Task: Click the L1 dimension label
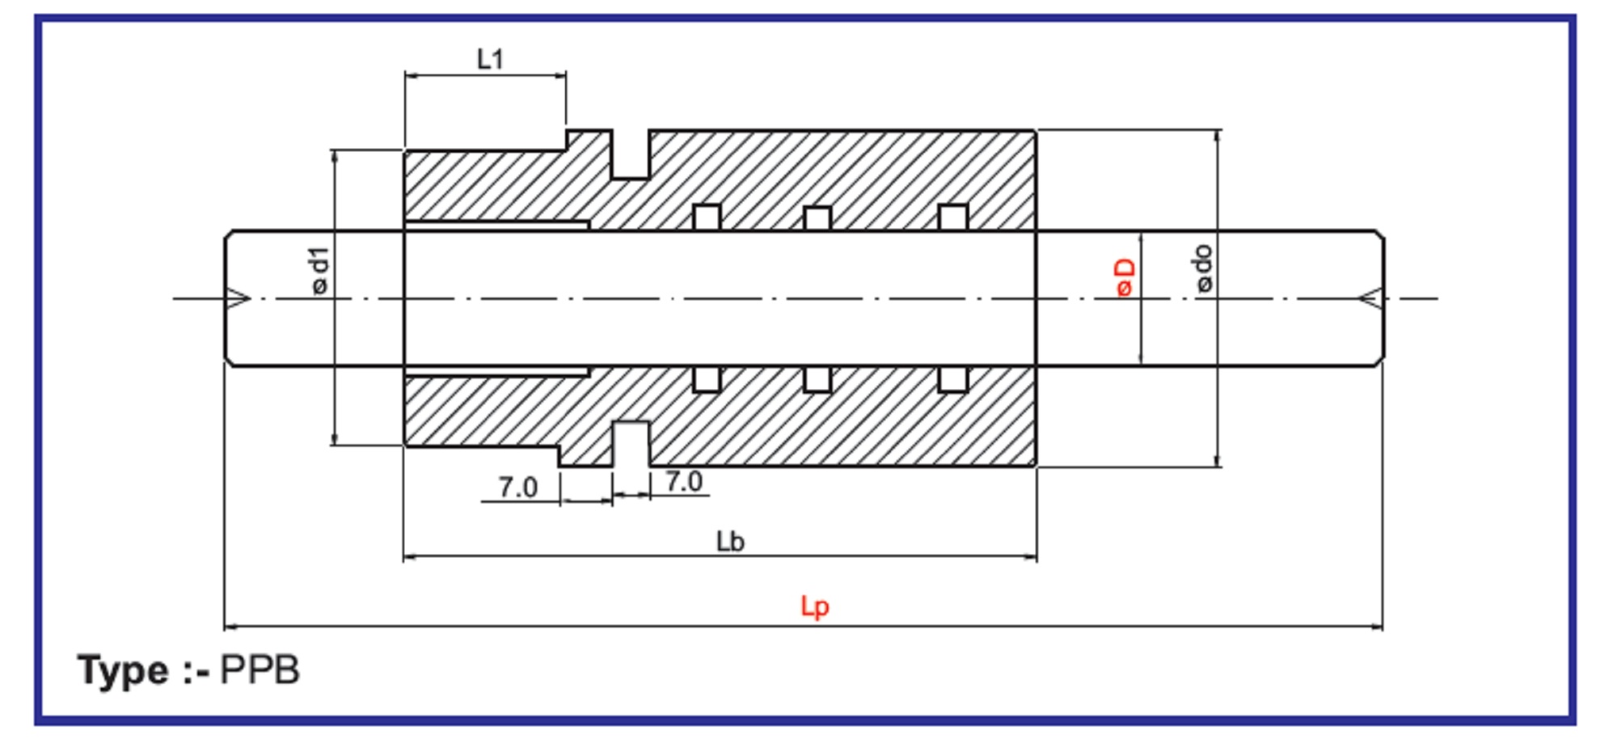490,59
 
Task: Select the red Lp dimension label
814,606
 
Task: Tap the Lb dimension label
730,542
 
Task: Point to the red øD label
1125,277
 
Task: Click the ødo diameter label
1204,268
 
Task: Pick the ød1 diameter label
320,271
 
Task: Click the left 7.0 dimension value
517,488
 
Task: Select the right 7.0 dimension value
684,482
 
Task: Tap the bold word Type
123,670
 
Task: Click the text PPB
260,670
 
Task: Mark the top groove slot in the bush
630,154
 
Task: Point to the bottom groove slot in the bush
631,443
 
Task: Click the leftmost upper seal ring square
707,218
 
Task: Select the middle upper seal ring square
817,218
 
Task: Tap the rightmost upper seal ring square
953,218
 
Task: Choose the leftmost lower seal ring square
707,379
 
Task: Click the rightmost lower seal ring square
953,379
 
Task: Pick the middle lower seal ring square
817,379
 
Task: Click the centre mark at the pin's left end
239,299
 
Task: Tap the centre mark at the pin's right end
1370,299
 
